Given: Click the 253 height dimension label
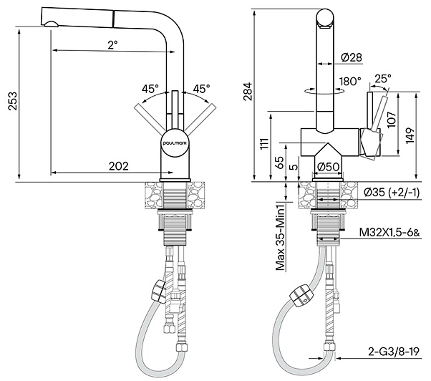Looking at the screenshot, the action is click(12, 100).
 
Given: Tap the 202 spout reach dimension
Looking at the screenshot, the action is click(118, 166).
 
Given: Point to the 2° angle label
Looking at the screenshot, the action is click(112, 44).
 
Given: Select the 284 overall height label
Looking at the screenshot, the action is click(248, 92).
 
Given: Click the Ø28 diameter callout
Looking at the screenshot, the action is click(352, 57).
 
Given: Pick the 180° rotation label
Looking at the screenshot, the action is click(350, 82).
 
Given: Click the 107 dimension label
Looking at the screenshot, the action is click(391, 119).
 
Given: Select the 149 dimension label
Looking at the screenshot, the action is click(410, 135).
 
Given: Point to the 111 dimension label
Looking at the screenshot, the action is click(264, 143).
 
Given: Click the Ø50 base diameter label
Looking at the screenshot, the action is click(328, 167).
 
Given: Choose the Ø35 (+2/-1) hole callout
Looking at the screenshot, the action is click(392, 193).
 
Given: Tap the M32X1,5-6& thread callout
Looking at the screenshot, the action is click(389, 233).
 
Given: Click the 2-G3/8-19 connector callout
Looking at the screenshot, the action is click(394, 352).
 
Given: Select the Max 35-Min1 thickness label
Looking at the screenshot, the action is click(280, 235).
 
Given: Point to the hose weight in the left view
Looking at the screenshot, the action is click(159, 291).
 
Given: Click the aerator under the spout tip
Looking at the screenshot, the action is click(51, 24).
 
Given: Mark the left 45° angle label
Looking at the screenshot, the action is click(150, 89).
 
